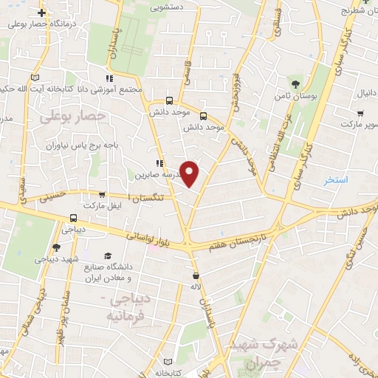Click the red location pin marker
point(190,174)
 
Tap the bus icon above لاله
point(195,275)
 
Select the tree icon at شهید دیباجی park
point(57,247)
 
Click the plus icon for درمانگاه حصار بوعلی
point(42,13)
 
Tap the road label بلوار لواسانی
point(148,238)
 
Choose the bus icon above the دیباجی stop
point(72,219)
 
